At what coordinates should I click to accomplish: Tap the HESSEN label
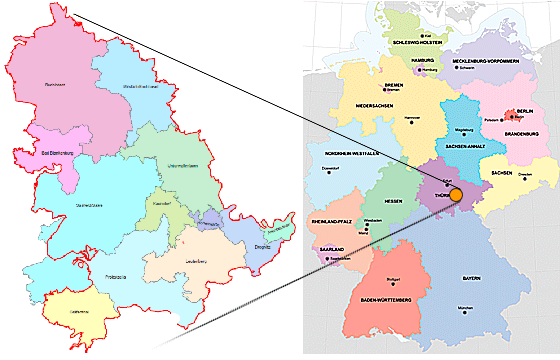pos(393,201)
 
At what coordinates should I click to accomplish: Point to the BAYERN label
pos(470,276)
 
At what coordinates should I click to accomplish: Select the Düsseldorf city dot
pos(326,171)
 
